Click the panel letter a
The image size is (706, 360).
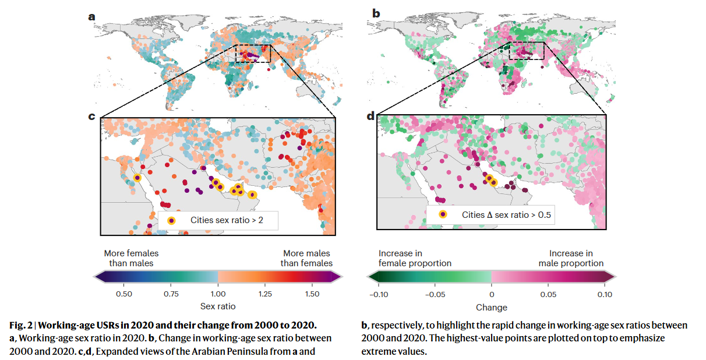click(x=91, y=17)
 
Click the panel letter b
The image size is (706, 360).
click(x=376, y=13)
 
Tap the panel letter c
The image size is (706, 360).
click(x=91, y=117)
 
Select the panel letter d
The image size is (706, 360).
click(x=370, y=116)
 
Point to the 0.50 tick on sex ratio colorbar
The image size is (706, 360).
click(x=124, y=285)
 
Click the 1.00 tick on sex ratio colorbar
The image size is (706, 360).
click(x=218, y=285)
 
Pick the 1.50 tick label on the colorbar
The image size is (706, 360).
click(x=312, y=294)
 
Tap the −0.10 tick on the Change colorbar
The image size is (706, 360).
click(x=379, y=285)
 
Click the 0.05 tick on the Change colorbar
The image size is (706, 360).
click(x=548, y=285)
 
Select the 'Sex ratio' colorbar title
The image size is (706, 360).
click(x=218, y=306)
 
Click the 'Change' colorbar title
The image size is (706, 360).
click(x=492, y=308)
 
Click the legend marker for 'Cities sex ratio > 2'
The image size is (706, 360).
click(x=171, y=220)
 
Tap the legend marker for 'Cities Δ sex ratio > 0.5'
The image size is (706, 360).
click(x=443, y=215)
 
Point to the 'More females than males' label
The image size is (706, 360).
click(x=131, y=258)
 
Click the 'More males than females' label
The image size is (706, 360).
click(x=306, y=258)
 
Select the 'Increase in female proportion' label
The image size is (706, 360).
click(x=415, y=258)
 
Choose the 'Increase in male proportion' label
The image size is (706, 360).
click(x=571, y=258)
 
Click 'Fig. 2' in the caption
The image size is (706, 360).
click(x=21, y=325)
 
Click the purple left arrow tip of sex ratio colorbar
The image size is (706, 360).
click(x=94, y=277)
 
